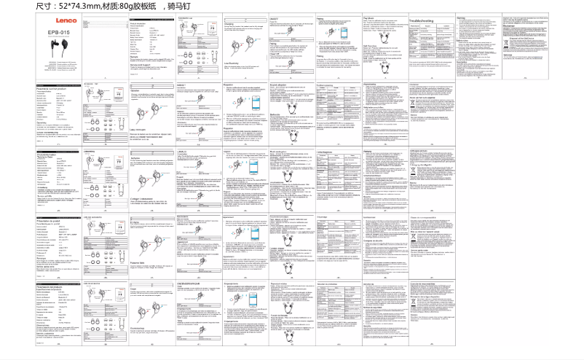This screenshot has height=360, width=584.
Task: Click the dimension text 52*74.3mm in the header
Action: click(x=75, y=7)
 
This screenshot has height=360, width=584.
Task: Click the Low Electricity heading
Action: click(x=235, y=63)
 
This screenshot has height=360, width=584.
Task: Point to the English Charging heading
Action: click(x=231, y=24)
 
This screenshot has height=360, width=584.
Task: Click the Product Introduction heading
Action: click(x=140, y=23)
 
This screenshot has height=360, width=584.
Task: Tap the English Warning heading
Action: click(x=460, y=17)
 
